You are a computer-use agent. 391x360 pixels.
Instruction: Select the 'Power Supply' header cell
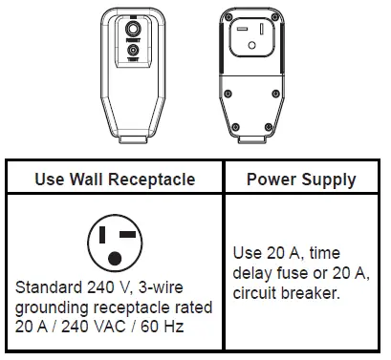tap(300, 180)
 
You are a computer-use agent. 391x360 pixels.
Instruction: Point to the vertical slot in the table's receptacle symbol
tap(102, 237)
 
